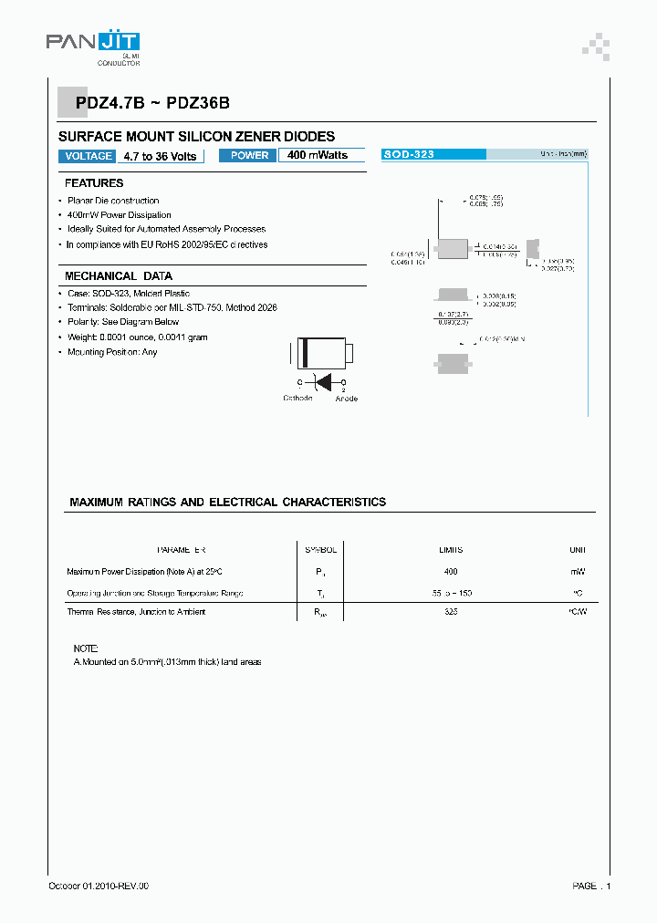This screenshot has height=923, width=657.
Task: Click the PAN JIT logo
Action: pyautogui.click(x=93, y=42)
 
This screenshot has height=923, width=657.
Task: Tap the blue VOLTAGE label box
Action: pyautogui.click(x=89, y=156)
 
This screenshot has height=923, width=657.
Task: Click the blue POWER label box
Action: pyautogui.click(x=249, y=155)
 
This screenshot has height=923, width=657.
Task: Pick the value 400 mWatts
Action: pyautogui.click(x=318, y=155)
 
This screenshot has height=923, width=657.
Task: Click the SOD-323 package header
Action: pyautogui.click(x=409, y=155)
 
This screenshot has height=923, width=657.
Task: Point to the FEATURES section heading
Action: pyautogui.click(x=94, y=183)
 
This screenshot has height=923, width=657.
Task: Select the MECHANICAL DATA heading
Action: pyautogui.click(x=118, y=276)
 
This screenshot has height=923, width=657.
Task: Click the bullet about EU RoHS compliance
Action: pyautogui.click(x=167, y=244)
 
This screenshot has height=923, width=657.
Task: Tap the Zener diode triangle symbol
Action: pyautogui.click(x=321, y=382)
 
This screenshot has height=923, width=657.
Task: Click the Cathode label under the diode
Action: pyautogui.click(x=297, y=399)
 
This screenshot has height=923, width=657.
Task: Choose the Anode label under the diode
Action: pyautogui.click(x=346, y=399)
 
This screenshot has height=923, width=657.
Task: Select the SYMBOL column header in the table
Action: pyautogui.click(x=320, y=550)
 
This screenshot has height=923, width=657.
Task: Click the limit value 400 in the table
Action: pyautogui.click(x=451, y=571)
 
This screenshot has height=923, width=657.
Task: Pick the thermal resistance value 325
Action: pyautogui.click(x=451, y=611)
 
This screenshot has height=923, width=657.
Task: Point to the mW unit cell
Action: pyautogui.click(x=578, y=571)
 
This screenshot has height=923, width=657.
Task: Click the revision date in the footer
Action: pyautogui.click(x=98, y=886)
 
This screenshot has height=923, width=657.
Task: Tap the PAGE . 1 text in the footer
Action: pyautogui.click(x=591, y=886)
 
